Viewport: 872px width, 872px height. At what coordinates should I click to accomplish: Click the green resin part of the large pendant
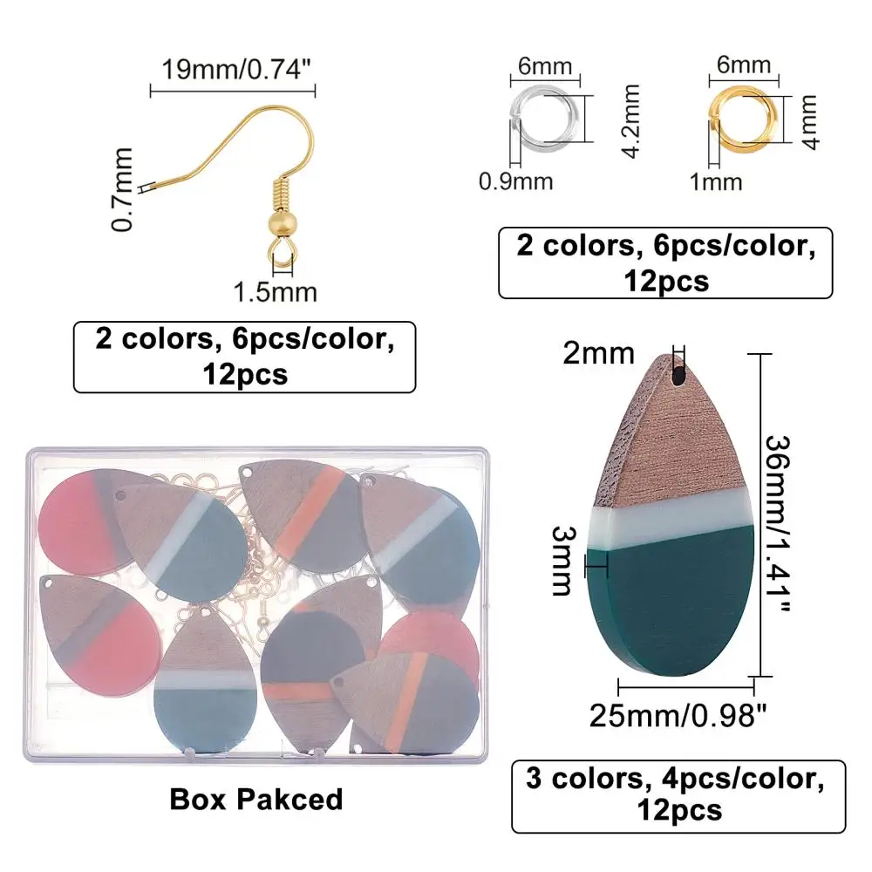pos(671,610)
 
